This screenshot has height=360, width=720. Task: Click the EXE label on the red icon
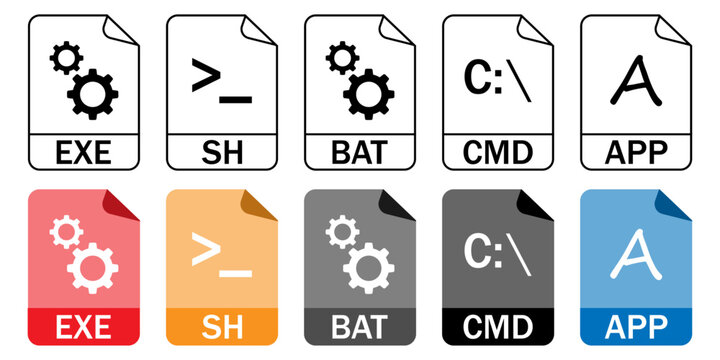pyautogui.click(x=84, y=326)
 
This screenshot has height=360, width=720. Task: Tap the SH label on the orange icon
pyautogui.click(x=222, y=326)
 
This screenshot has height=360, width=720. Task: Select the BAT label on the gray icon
pyautogui.click(x=360, y=326)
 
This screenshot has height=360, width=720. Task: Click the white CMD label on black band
pyautogui.click(x=498, y=326)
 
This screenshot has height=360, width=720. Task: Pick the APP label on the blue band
pyautogui.click(x=636, y=326)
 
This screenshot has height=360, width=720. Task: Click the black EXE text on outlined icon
pyautogui.click(x=84, y=153)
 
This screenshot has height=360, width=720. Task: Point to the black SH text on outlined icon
pyautogui.click(x=222, y=153)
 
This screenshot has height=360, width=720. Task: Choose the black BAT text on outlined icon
pyautogui.click(x=360, y=153)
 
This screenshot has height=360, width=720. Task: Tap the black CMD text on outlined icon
pyautogui.click(x=498, y=153)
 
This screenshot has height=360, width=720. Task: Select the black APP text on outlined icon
pyautogui.click(x=636, y=153)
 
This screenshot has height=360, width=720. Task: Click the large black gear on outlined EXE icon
pyautogui.click(x=93, y=95)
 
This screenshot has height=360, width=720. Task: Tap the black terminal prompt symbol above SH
pyautogui.click(x=221, y=82)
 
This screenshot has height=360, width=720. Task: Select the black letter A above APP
pyautogui.click(x=635, y=80)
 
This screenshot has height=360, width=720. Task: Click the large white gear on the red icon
pyautogui.click(x=93, y=267)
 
